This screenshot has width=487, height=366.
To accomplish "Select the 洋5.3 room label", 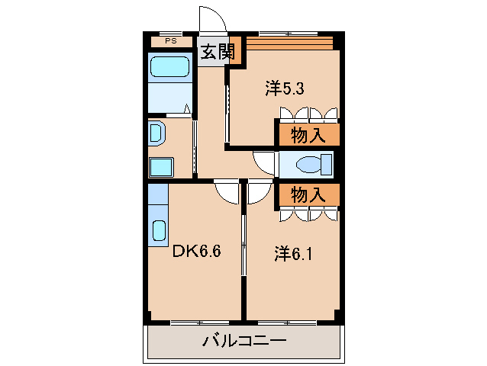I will pos(285,88).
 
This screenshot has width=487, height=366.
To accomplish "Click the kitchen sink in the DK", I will pos(159,230).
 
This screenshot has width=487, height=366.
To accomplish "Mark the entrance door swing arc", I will pos(209,19).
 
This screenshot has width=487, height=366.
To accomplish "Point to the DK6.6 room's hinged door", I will pos(227,191).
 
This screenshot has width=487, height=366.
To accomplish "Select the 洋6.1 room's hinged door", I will pos(258,192).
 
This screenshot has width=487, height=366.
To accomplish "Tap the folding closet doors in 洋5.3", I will pos(308,114).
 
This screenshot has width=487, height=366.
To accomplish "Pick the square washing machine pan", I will pos(161,166).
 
